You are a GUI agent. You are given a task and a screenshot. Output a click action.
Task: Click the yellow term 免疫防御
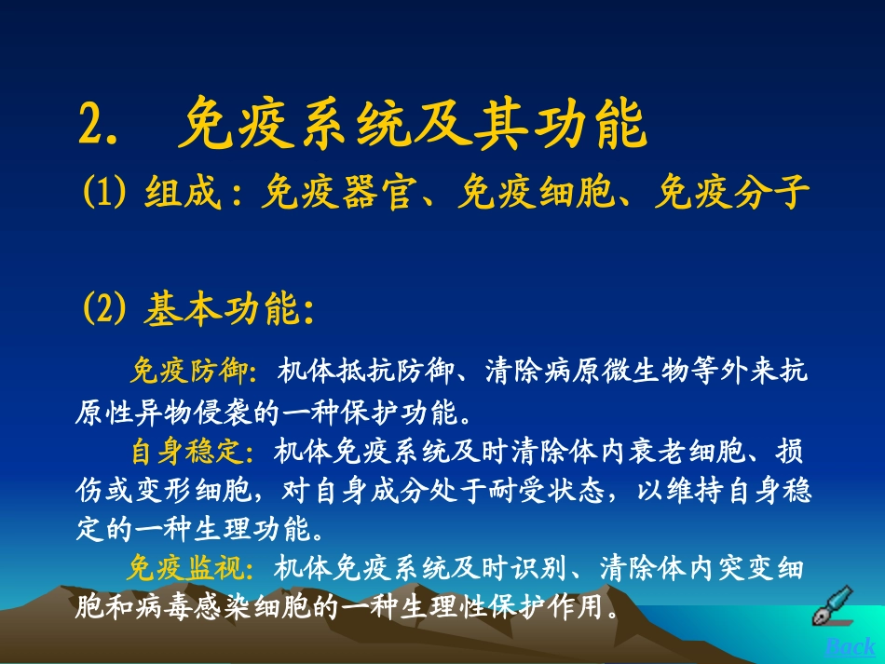[187, 372]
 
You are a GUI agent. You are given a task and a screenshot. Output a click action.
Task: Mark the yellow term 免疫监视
[186, 567]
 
